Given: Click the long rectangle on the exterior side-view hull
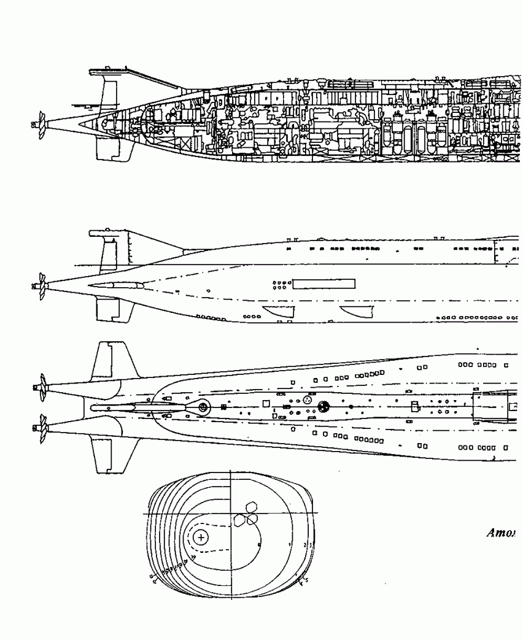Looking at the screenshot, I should coord(324,283).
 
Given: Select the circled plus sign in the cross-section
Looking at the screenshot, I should coord(201,538).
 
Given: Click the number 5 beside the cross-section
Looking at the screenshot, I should coord(306,580).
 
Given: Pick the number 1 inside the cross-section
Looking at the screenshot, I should coord(290,544).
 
